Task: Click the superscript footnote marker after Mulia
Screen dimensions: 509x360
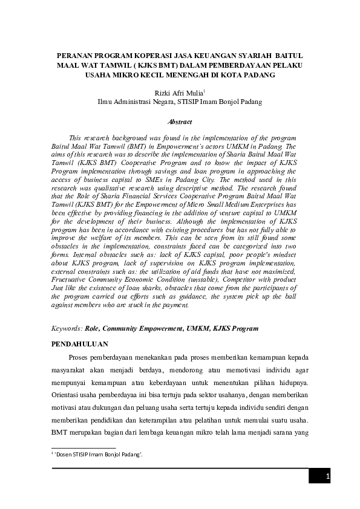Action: (205, 91)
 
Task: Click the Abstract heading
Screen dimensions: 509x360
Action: (179, 122)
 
